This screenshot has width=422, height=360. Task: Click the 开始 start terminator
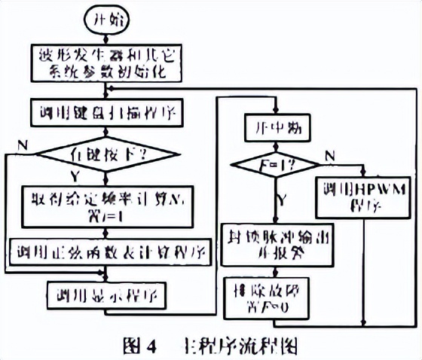(106, 21)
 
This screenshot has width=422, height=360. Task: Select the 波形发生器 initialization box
(106, 65)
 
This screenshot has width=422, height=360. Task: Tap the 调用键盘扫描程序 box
(105, 115)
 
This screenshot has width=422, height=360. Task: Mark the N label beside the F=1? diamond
(329, 154)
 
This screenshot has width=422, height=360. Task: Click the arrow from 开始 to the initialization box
(106, 39)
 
